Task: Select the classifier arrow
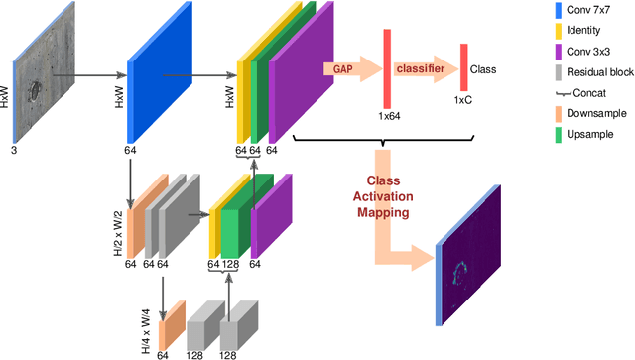[x=422, y=70]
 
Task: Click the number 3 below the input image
[x=13, y=150]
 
